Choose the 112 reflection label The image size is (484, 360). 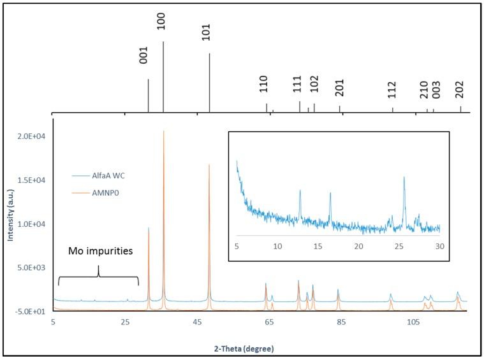[x=392, y=90]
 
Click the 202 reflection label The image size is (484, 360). [x=460, y=89]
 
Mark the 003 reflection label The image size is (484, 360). [x=436, y=92]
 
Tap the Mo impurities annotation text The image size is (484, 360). [x=101, y=251]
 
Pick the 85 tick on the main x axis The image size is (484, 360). [x=341, y=322]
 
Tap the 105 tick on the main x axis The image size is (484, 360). [x=411, y=322]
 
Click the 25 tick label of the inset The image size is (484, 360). [x=399, y=246]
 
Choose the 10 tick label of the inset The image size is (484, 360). [x=277, y=246]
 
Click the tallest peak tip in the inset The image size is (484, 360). [x=404, y=178]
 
